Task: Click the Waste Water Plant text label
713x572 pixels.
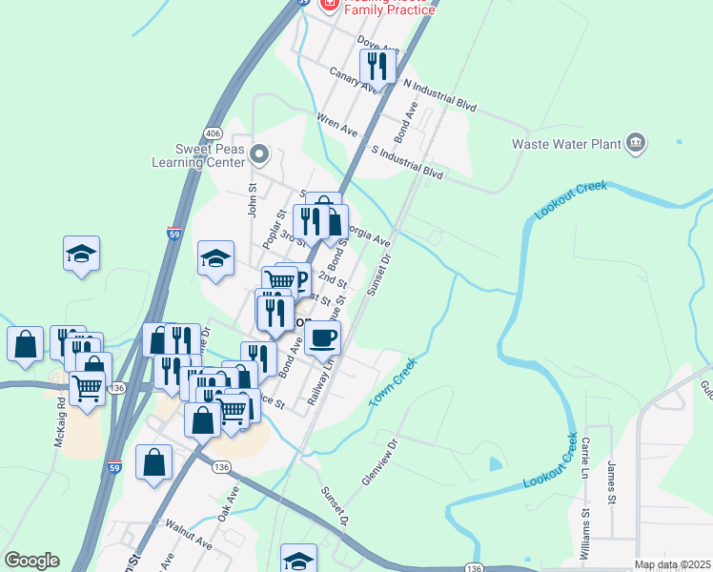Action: coord(566,145)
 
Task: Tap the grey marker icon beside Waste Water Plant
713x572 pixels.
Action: coord(636,144)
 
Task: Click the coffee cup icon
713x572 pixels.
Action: coord(322,337)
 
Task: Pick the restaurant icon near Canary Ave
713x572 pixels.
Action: coord(377,66)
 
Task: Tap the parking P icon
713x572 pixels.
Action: coord(298,280)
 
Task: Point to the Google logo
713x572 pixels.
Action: coord(31,561)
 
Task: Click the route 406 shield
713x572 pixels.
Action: coord(213,133)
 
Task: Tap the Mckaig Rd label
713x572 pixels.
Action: coord(60,409)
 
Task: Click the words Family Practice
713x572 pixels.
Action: coord(391,10)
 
